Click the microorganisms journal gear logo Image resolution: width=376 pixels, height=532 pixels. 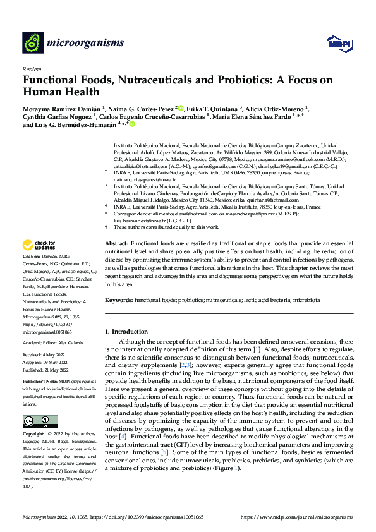coord(33,43)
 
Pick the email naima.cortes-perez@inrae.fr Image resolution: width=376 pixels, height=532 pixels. coord(146,180)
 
